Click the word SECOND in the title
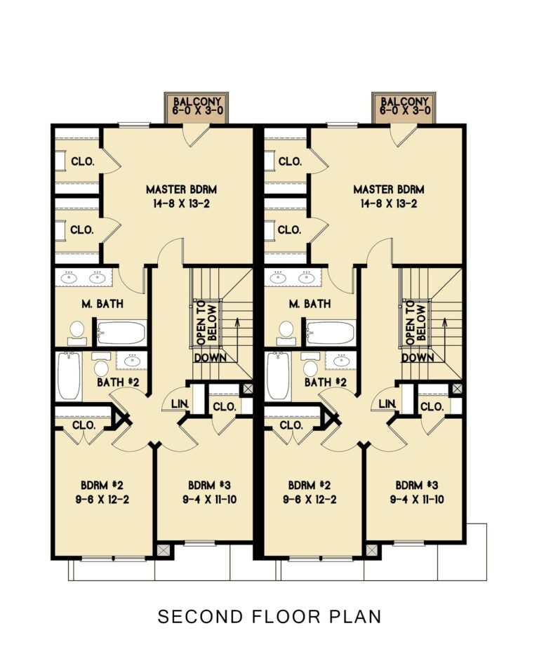coord(192,617)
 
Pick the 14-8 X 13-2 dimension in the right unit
coord(389,204)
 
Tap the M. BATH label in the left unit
coord(100,305)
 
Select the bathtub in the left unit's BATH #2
coord(69,376)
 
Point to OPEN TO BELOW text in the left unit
coord(206,321)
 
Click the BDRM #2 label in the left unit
coord(102,485)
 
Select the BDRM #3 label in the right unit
coord(417,485)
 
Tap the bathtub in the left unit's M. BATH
coord(121,333)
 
